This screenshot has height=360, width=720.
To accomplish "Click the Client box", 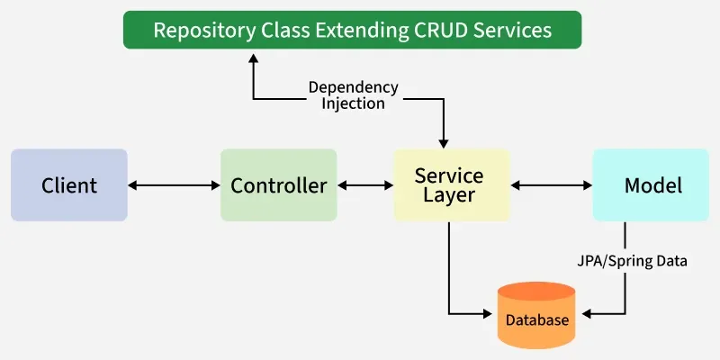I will coord(69,185).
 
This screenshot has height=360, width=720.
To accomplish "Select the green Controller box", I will coord(279,185).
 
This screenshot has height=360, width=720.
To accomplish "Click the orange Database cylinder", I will coord(536,316).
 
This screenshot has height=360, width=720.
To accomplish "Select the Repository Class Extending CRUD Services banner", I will coord(352,30).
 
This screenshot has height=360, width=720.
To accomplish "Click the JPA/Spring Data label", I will coord(633,262).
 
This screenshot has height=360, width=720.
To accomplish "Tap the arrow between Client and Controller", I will coord(174,185).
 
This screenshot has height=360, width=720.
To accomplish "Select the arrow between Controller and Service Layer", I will coord(365,185).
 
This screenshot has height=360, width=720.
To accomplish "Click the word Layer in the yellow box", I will coord(449,195).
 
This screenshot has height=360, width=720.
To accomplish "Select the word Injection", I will coord(354,103).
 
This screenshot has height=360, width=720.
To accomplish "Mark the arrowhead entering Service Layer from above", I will coord(443,141).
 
